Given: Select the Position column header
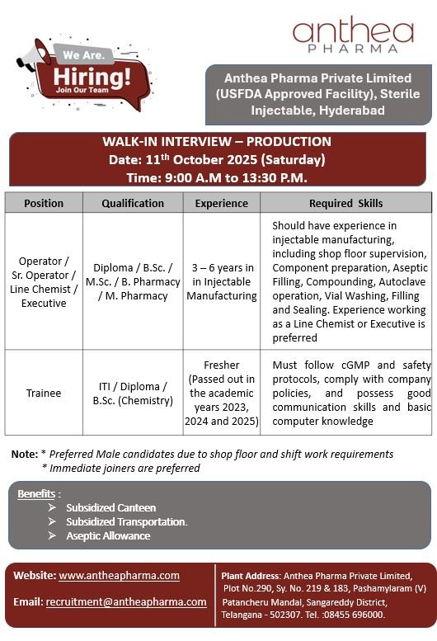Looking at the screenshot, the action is coord(44,203).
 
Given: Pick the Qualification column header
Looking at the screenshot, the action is coord(133,203).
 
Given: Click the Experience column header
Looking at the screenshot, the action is coord(221,203).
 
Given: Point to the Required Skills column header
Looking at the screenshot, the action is coord(345,203).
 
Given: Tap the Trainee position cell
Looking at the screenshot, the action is coord(44,393).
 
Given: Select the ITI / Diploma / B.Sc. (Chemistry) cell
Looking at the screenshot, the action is coord(133,393).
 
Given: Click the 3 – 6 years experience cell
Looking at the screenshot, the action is coord(221,281).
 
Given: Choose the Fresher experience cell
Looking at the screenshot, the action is coord(221,393).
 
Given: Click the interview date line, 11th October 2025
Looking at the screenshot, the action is coord(217,159).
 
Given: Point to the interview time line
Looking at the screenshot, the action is coord(217,177).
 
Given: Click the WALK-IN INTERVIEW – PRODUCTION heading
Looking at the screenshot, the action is coord(217,142).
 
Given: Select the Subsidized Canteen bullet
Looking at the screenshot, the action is coord(110,507).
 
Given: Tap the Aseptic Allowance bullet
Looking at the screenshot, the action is coord(108,535).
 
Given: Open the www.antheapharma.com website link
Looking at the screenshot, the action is coord(119,575).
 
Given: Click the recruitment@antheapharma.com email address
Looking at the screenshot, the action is coord(126,601).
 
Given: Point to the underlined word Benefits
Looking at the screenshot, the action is coord(36,493).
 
